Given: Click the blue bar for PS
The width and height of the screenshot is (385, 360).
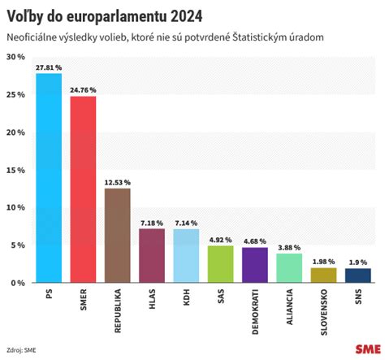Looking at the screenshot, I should (48, 178).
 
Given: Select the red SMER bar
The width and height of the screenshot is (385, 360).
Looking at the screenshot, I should (83, 189).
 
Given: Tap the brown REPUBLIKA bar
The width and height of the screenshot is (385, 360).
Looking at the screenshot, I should (117, 235).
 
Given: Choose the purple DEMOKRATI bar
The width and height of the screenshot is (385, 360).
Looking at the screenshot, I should (254, 265).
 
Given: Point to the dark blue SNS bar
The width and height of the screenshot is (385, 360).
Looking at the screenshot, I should (358, 275).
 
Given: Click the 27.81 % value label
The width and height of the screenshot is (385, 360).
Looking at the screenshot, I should (48, 67).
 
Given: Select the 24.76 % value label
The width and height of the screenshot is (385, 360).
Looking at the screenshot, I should (83, 90).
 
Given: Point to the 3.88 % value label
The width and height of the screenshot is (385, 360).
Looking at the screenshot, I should (289, 247).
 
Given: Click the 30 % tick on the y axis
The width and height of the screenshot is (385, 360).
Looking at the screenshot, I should (15, 57).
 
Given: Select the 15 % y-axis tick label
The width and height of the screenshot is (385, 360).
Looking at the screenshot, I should (15, 170).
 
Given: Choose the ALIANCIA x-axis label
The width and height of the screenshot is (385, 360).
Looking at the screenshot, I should (289, 306).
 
